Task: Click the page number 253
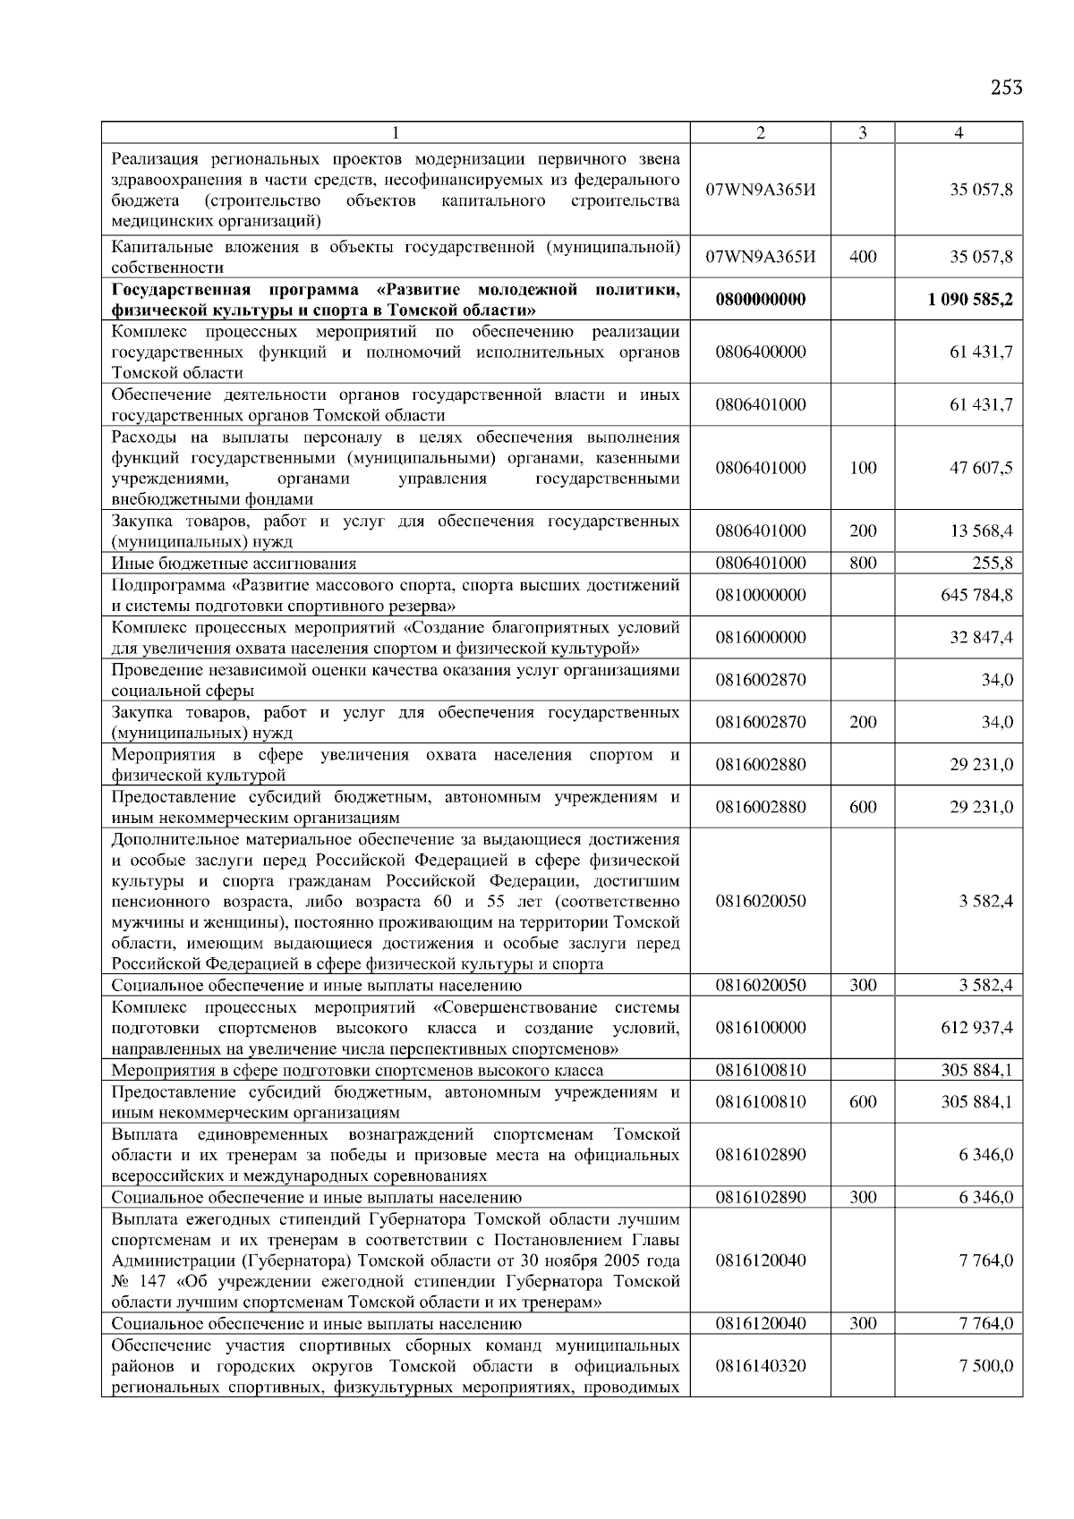point(1006,88)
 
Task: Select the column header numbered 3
point(862,133)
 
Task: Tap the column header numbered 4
point(959,133)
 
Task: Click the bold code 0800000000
point(761,300)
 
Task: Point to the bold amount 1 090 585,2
point(971,300)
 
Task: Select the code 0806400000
point(761,352)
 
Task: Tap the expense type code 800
point(862,564)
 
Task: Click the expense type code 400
point(862,258)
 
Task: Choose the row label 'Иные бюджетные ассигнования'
point(234,564)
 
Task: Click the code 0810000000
point(761,595)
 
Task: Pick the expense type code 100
point(862,468)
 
